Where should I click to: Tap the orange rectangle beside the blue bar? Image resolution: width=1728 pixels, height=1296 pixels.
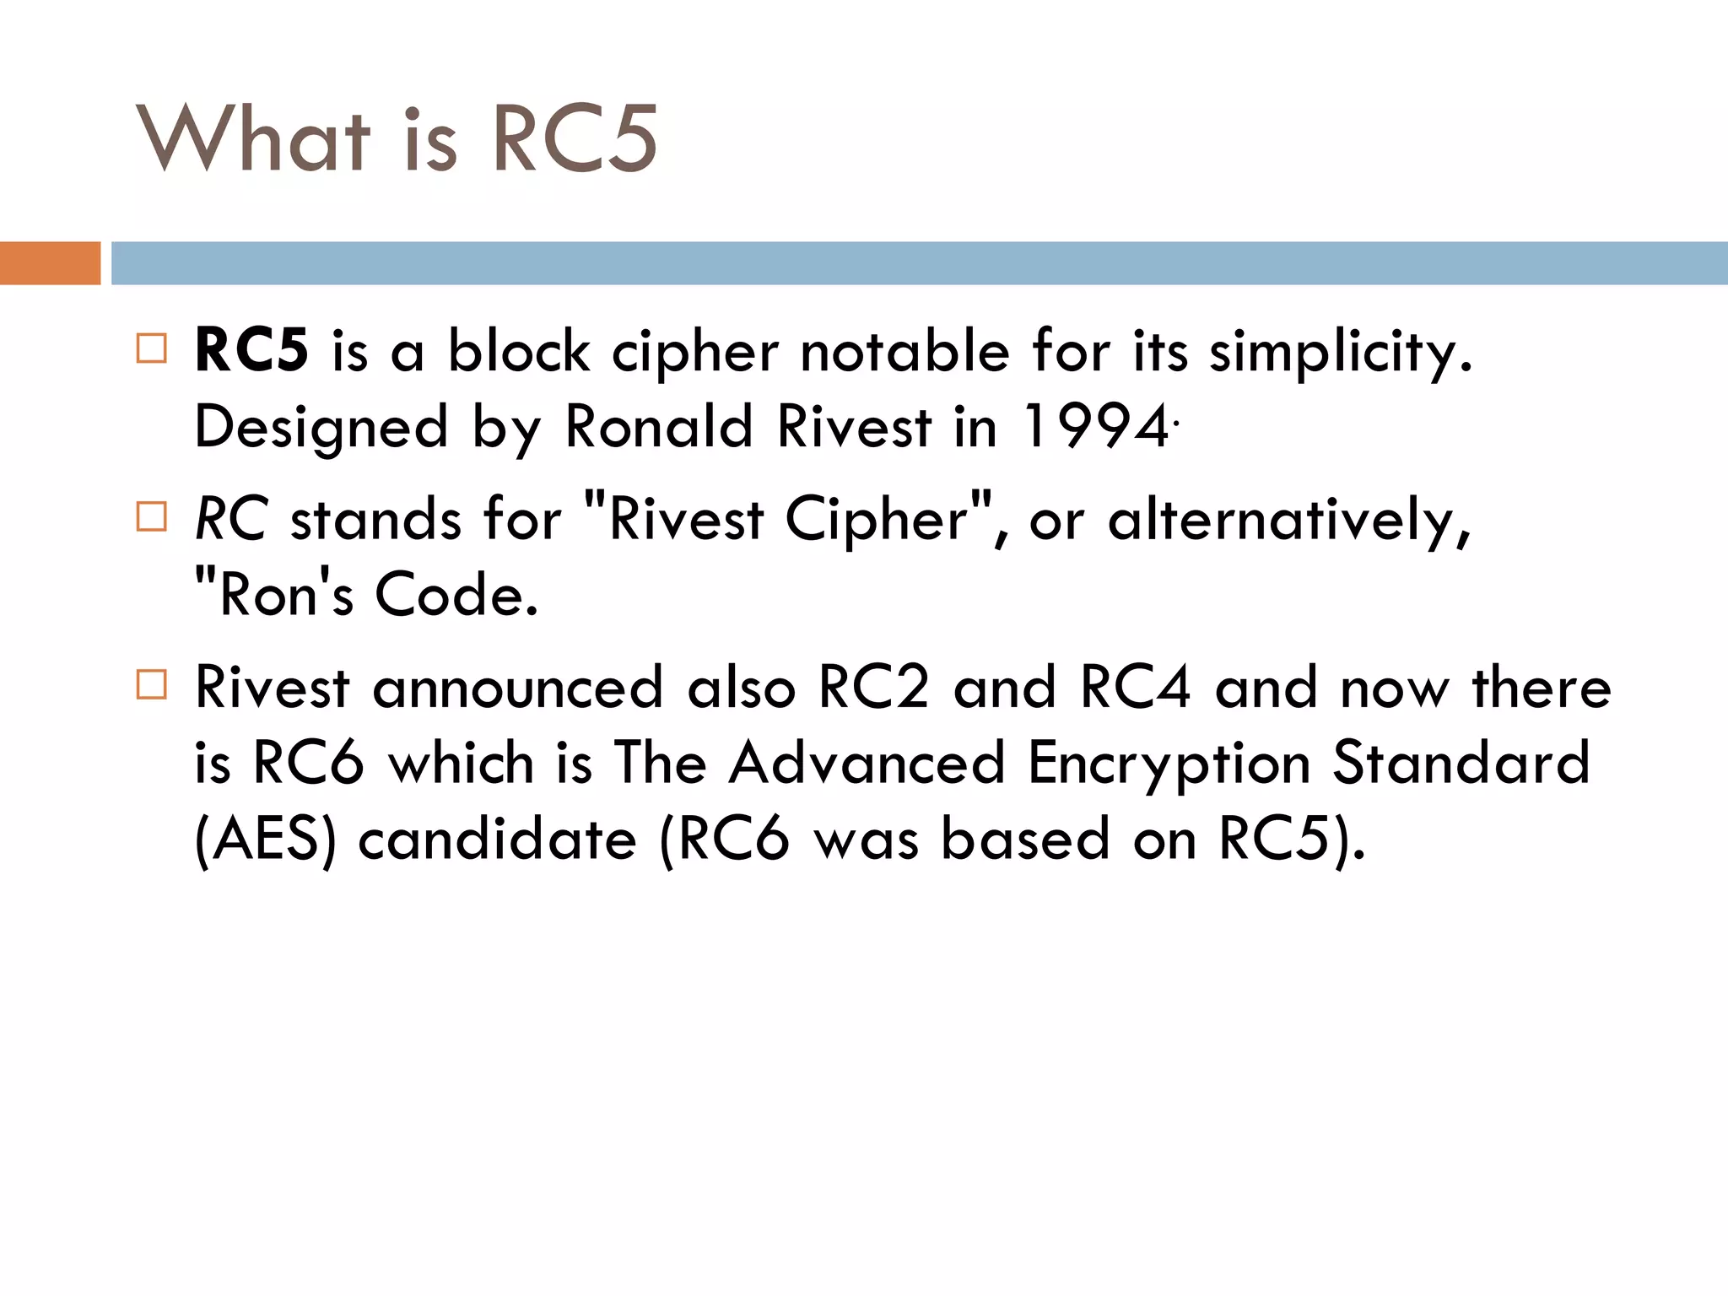(50, 263)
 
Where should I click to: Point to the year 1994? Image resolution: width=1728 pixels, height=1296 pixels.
(1095, 426)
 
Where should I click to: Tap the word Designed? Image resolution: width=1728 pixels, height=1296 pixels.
(321, 428)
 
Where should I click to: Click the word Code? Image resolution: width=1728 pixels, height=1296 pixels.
(456, 595)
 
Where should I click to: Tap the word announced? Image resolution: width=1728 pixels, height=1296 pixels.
(518, 688)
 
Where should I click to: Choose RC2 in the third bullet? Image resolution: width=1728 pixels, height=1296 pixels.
(874, 688)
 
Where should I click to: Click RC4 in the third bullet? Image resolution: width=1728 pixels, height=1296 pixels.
(1136, 688)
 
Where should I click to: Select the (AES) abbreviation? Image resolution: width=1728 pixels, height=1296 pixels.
(265, 840)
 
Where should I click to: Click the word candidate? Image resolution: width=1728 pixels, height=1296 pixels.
(497, 840)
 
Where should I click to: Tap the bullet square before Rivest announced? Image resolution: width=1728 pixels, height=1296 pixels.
(152, 684)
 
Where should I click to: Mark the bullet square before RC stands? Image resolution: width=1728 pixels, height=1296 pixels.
(152, 516)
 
